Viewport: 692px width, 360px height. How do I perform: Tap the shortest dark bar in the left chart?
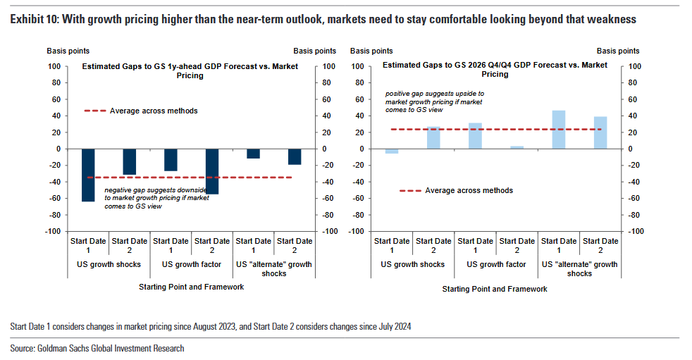253,154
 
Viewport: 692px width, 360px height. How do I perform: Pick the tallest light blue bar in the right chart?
559,130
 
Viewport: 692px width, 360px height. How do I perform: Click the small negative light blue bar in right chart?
392,151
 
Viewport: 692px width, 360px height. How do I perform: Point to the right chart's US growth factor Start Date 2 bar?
517,147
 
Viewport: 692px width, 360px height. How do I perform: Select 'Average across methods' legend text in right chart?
469,190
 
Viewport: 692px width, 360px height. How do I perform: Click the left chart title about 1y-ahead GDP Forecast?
190,70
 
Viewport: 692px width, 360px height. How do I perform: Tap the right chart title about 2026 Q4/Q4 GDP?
495,69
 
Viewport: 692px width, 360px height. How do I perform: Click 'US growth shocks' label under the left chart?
109,265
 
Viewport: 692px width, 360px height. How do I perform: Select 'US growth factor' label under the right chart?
496,265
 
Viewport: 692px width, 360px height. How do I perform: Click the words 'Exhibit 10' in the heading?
33,20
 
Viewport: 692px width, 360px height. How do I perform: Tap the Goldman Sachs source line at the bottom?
97,348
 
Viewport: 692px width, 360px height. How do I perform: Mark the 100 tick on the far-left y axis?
54,66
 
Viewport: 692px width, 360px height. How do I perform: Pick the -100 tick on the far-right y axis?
634,231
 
